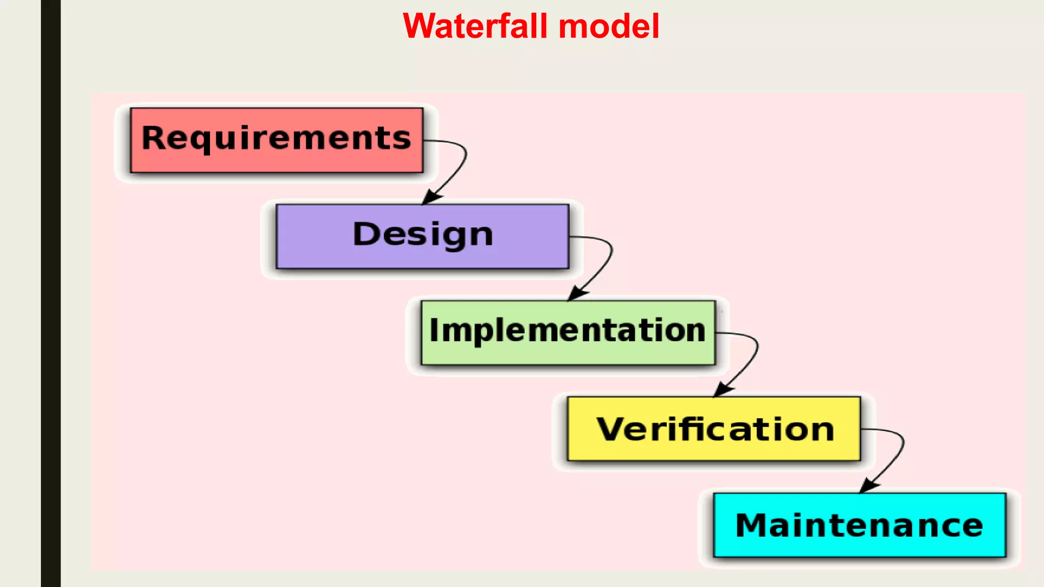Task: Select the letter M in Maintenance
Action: point(753,525)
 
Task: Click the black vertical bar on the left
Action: point(50,293)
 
